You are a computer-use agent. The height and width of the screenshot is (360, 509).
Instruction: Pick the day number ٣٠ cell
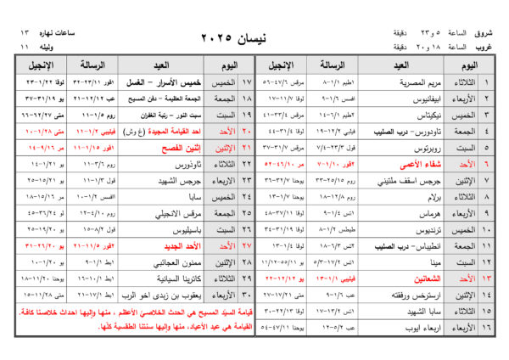tap(248, 295)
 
